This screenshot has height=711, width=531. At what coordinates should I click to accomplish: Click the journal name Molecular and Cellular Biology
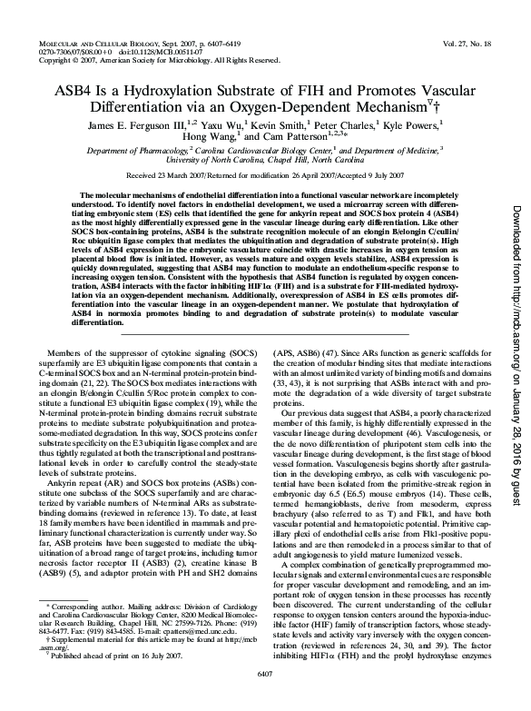(99, 44)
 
